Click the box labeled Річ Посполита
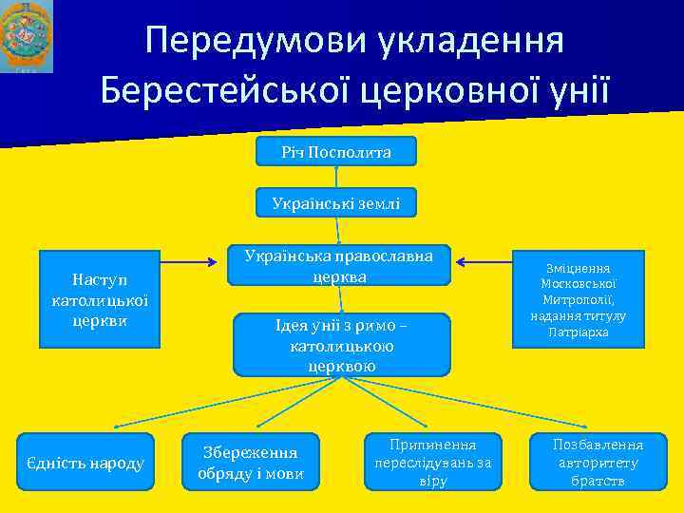(336, 152)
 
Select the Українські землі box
(336, 202)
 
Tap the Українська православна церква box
(338, 266)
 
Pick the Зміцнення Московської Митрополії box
(584, 298)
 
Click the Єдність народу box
(85, 463)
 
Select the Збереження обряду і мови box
(251, 463)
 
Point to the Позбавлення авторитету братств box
(598, 463)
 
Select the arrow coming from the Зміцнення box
(484, 256)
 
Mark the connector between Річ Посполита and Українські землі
(336, 177)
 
